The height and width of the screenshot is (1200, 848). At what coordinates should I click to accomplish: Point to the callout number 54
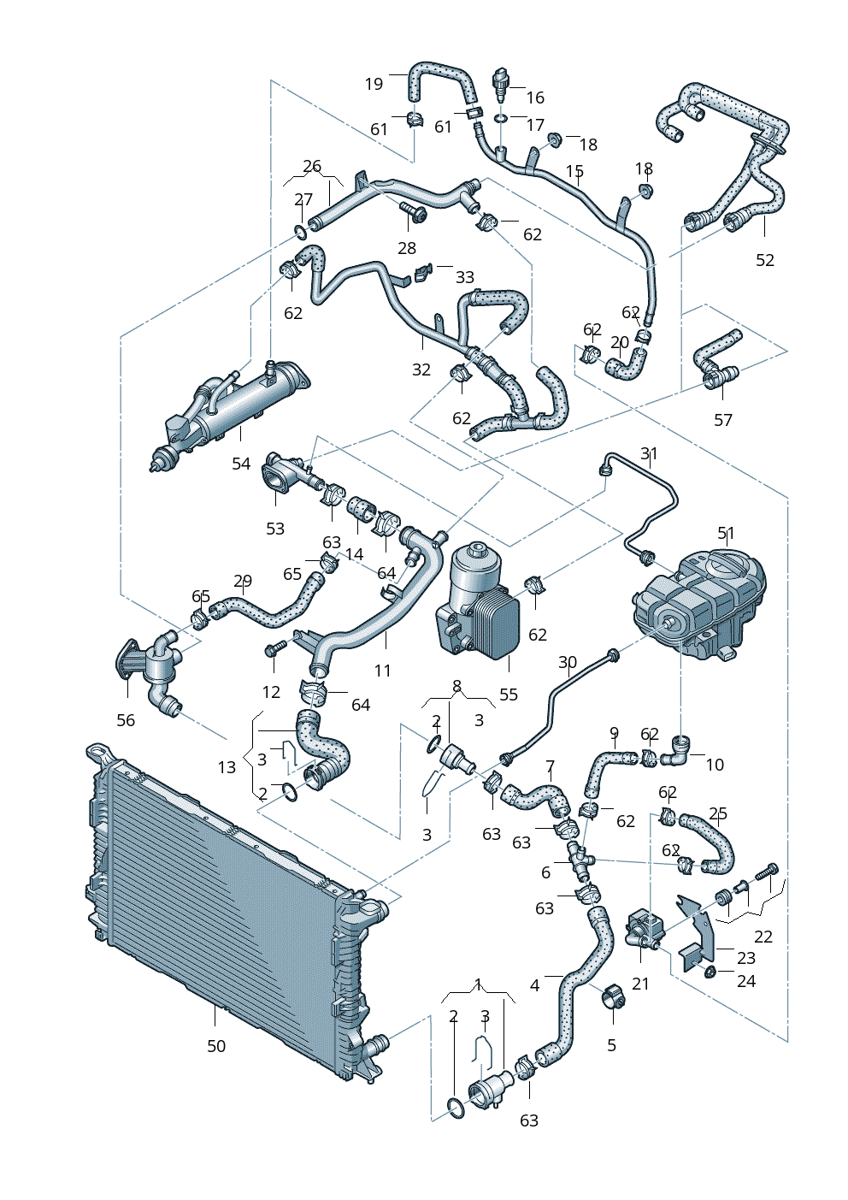[x=241, y=464]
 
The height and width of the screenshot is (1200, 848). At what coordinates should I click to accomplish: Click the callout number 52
[x=765, y=260]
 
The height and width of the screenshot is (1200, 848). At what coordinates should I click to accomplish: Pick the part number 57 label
[x=723, y=420]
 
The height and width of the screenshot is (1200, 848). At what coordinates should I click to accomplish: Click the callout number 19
[x=374, y=84]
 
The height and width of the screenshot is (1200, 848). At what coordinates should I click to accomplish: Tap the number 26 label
[x=312, y=167]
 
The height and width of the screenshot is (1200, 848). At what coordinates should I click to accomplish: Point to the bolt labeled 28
[x=415, y=213]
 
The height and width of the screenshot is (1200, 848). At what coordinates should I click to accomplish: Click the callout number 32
[x=421, y=369]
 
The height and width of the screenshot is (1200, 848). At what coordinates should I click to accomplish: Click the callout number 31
[x=650, y=454]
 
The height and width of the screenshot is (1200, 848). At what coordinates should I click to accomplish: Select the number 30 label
[x=568, y=662]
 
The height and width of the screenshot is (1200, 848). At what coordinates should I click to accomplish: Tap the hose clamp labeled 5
[x=614, y=997]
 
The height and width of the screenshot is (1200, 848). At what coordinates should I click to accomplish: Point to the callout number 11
[x=382, y=671]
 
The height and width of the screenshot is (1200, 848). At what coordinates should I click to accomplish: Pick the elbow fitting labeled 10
[x=681, y=751]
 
